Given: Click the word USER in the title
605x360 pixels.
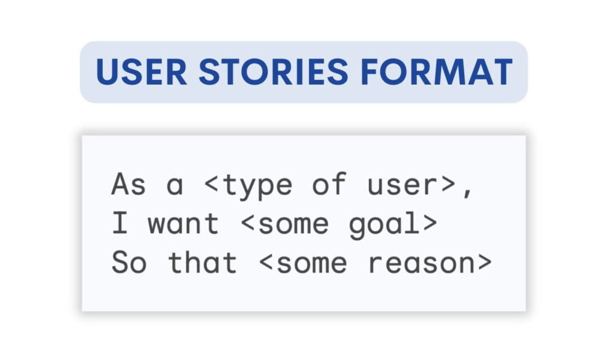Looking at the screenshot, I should tap(140, 72).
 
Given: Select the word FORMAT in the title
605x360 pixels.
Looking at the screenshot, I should tap(436, 72).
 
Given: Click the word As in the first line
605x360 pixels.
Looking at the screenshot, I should tap(129, 185).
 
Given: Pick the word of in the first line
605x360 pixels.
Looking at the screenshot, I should tap(330, 185).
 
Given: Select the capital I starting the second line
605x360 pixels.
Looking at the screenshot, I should tap(120, 224).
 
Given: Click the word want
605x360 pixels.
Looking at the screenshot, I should tap(184, 224).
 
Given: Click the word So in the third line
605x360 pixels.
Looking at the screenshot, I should tap(129, 263).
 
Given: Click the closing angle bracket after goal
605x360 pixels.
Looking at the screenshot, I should tap(430, 224).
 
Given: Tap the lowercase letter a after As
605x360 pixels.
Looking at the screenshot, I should tap(175, 187).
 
